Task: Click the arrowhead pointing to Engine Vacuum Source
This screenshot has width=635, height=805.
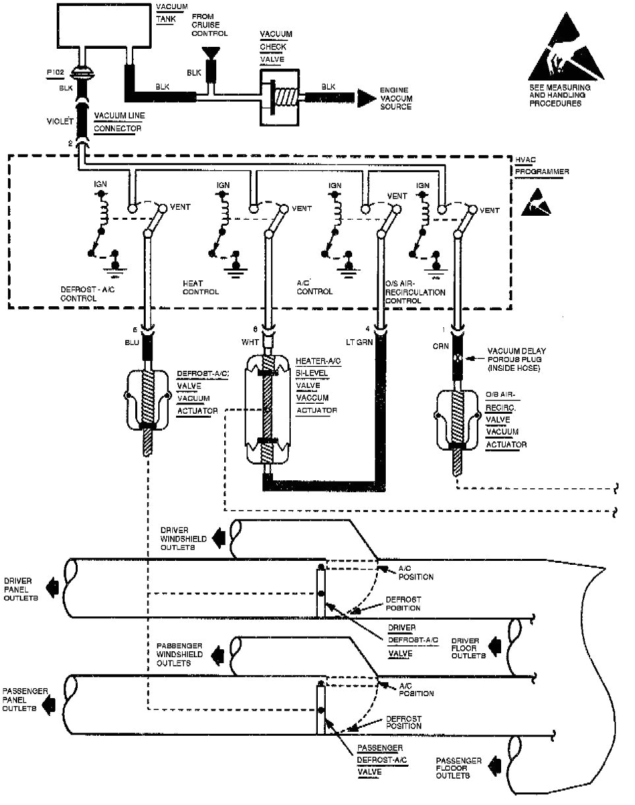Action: pos(363,96)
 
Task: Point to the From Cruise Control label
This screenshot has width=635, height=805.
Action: pos(210,24)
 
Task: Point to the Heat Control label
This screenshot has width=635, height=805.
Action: pos(200,286)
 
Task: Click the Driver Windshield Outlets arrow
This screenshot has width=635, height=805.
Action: pos(220,538)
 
